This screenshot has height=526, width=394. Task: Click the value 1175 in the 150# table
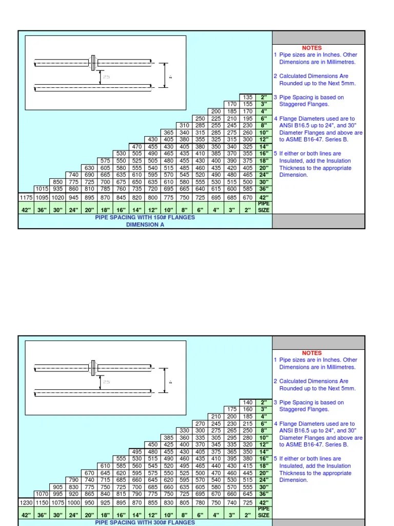[x=26, y=198]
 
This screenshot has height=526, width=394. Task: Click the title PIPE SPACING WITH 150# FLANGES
[x=145, y=217]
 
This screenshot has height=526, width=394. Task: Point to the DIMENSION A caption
[x=145, y=224]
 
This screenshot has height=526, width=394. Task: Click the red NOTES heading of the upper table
[x=312, y=48]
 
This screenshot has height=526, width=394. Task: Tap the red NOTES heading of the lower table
[x=312, y=353]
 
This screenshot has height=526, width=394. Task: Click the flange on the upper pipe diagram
[x=92, y=63]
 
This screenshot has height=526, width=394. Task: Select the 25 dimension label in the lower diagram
[x=106, y=382]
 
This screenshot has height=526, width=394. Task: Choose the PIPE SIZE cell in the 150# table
[x=263, y=207]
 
